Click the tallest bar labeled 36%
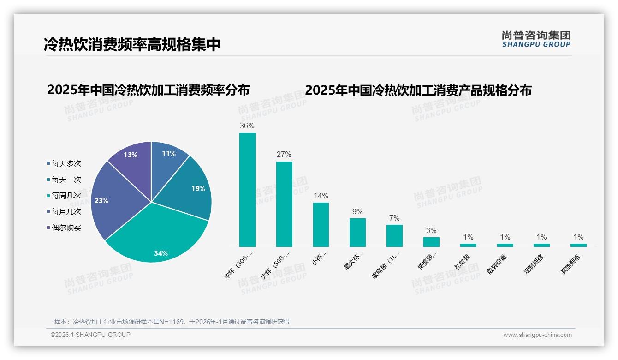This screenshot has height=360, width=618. [x=247, y=190]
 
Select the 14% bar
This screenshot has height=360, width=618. [x=321, y=224]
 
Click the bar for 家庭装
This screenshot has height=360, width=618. [x=394, y=235]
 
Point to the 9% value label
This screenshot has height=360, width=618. [x=357, y=212]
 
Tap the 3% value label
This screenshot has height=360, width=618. [x=431, y=231]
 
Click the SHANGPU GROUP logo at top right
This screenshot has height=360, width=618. [x=536, y=39]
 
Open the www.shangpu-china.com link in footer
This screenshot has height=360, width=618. [x=537, y=335]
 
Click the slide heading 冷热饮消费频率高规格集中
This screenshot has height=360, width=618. [x=132, y=44]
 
